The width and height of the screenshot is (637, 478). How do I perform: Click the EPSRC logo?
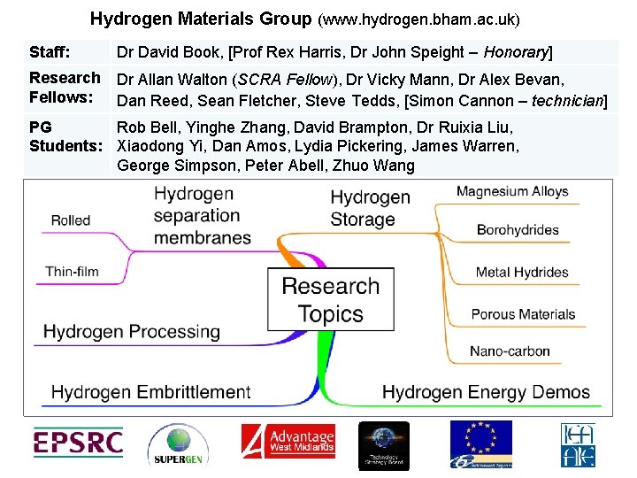[78, 443]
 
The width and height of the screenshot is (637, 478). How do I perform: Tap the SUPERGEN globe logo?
[178, 445]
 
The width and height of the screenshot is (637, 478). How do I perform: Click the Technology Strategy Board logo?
[383, 445]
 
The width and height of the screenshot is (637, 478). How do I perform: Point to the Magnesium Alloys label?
[512, 191]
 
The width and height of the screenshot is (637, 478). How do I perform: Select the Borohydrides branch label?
[518, 230]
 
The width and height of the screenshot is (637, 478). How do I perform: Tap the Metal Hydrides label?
[521, 272]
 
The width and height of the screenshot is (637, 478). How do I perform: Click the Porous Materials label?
[523, 313]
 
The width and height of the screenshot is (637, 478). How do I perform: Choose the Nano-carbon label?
[510, 351]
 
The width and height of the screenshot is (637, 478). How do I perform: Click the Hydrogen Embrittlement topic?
[151, 391]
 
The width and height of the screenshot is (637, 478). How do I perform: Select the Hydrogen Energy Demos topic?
[486, 391]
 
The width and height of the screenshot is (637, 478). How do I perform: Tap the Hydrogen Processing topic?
[132, 332]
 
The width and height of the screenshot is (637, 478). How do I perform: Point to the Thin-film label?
[72, 271]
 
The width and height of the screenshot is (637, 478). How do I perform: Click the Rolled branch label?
[71, 220]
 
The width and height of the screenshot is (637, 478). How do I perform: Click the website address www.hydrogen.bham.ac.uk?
[418, 19]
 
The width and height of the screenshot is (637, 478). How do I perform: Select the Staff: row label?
[50, 52]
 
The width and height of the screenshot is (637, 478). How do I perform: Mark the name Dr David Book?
[169, 52]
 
